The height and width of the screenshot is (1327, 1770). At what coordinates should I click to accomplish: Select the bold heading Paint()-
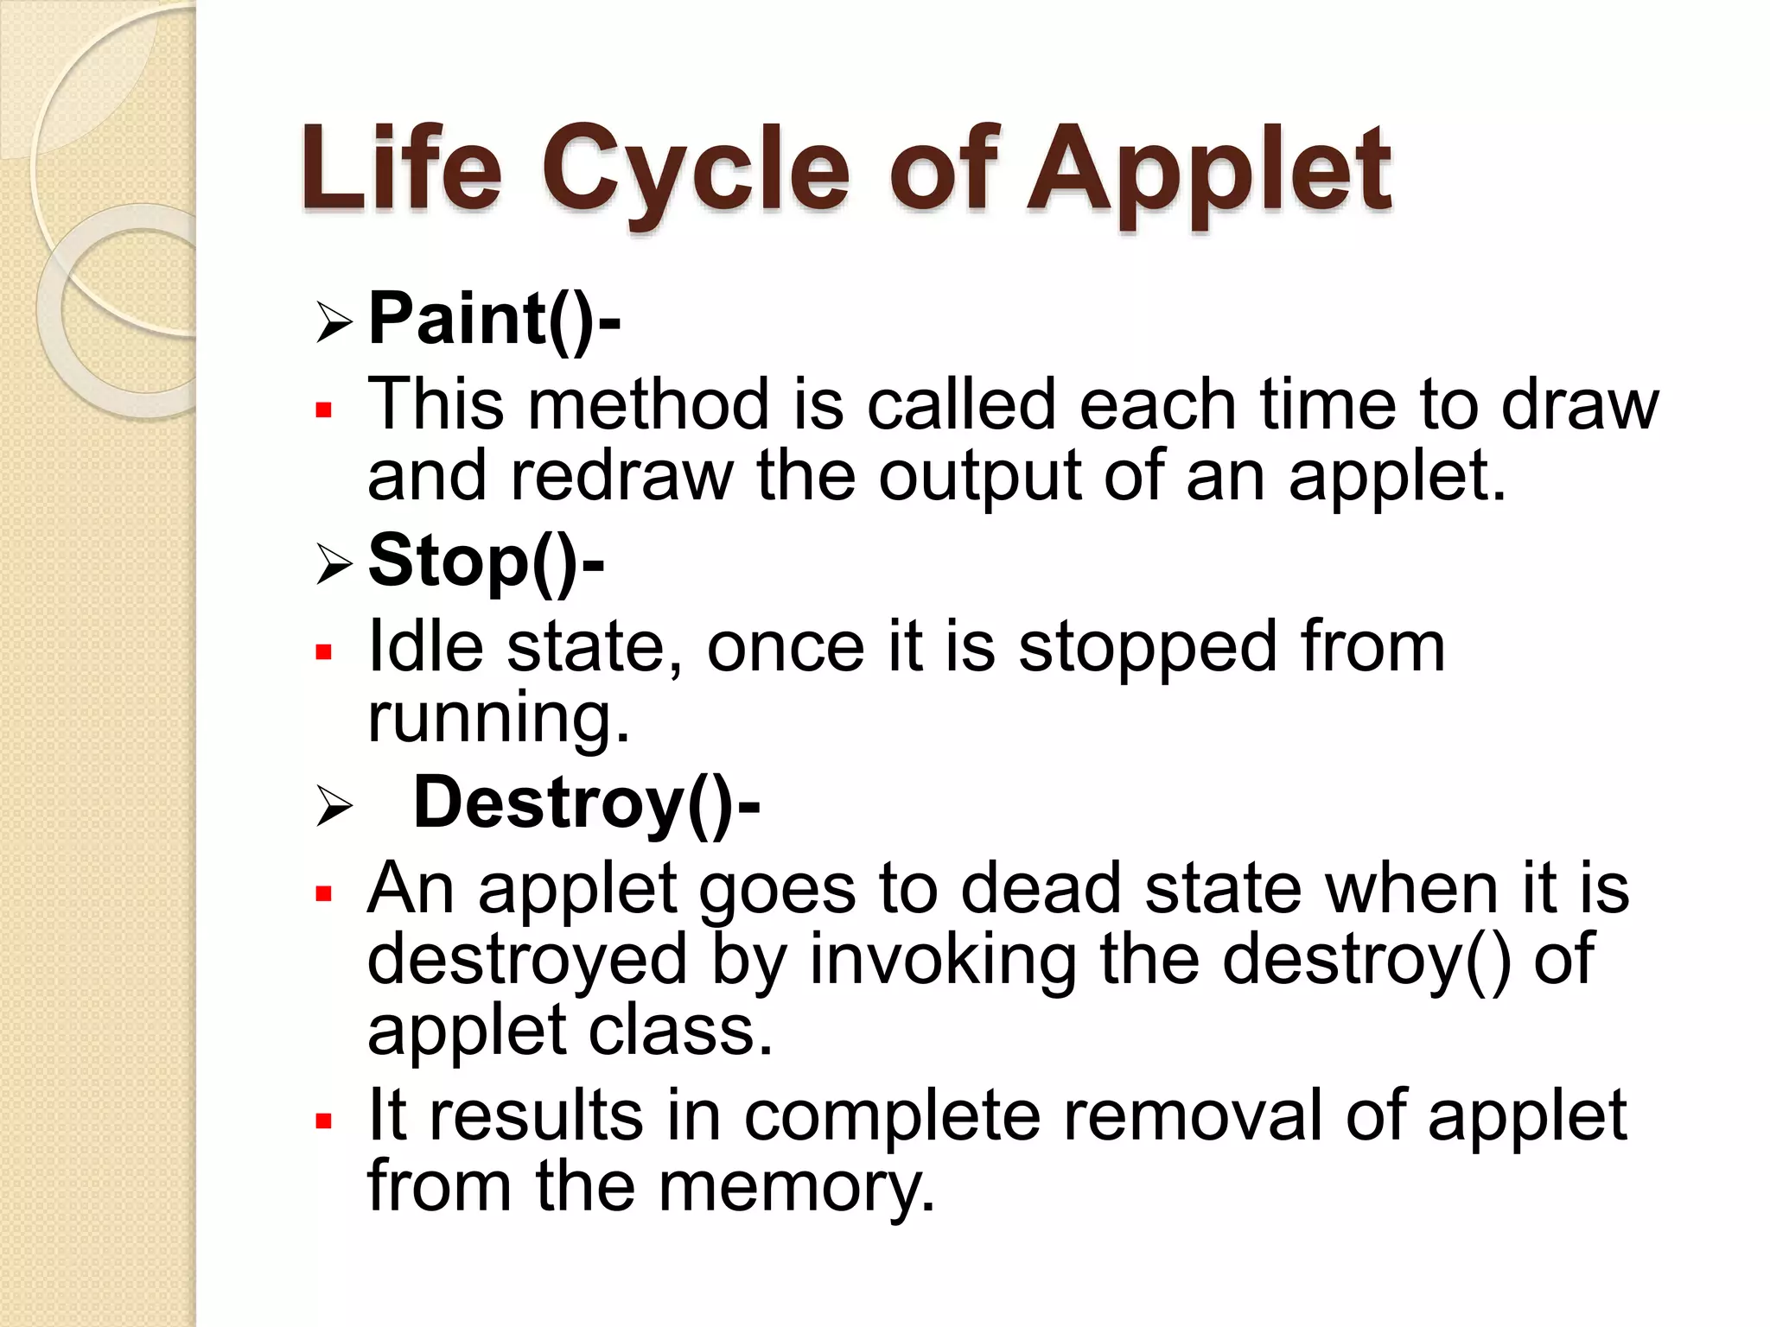point(493,320)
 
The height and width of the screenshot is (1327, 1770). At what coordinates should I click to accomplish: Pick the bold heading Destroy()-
point(586,803)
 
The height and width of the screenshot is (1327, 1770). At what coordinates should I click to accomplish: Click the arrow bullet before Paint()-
point(334,322)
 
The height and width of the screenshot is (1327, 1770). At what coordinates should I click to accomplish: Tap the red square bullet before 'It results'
point(324,1121)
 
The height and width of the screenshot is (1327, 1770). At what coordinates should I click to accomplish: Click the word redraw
point(621,476)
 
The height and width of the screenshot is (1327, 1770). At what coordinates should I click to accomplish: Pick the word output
point(979,478)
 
